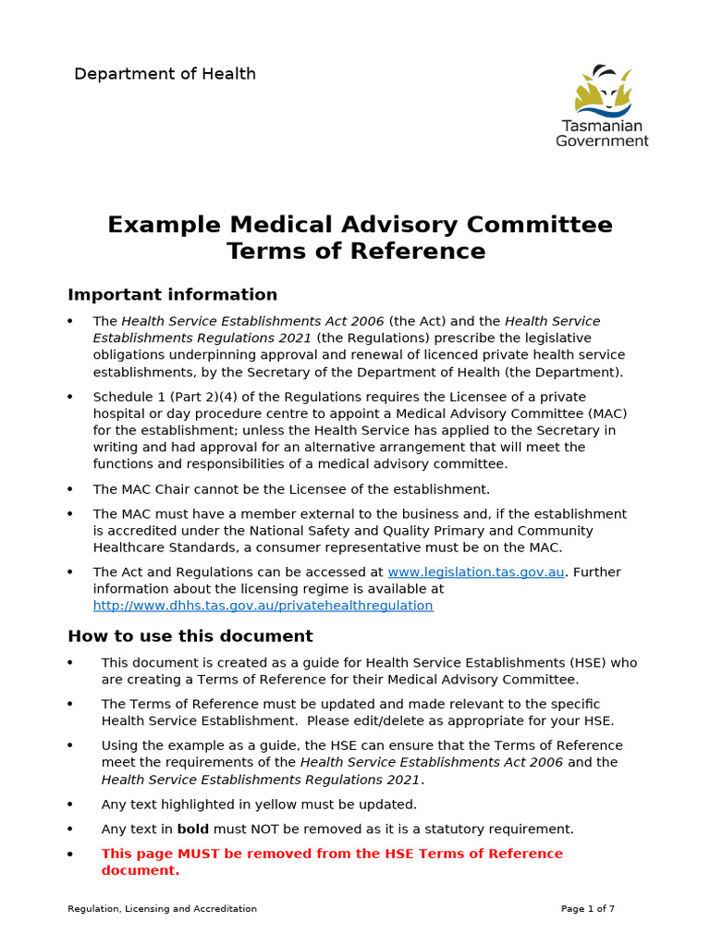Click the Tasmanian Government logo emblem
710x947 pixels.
602,91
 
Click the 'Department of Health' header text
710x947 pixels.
165,74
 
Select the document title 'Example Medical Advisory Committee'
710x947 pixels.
360,225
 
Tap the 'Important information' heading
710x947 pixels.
172,295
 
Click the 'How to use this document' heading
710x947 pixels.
190,636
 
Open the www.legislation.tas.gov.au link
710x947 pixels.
475,572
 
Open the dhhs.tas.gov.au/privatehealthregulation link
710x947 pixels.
263,606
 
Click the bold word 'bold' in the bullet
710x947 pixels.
193,830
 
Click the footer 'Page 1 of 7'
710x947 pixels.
587,909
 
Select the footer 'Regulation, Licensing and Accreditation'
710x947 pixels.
162,909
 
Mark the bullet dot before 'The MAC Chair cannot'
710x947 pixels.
70,489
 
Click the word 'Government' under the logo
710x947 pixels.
602,141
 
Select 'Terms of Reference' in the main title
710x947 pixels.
356,252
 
